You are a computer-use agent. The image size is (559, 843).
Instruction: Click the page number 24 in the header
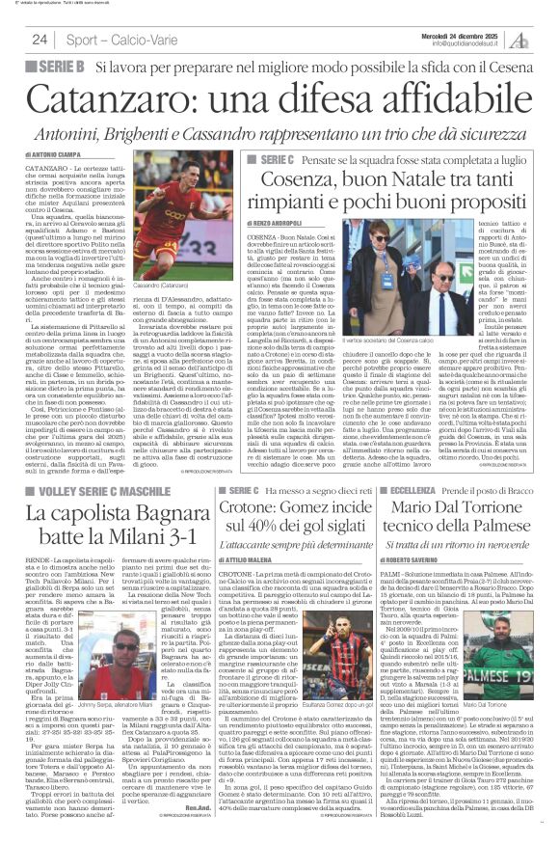pyautogui.click(x=40, y=40)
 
